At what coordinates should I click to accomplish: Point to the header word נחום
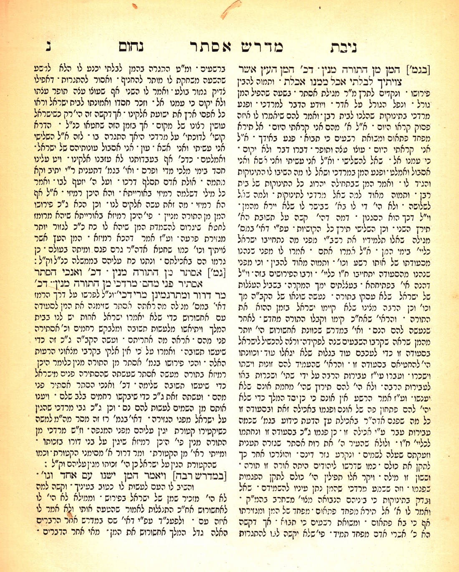coord(131,46)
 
